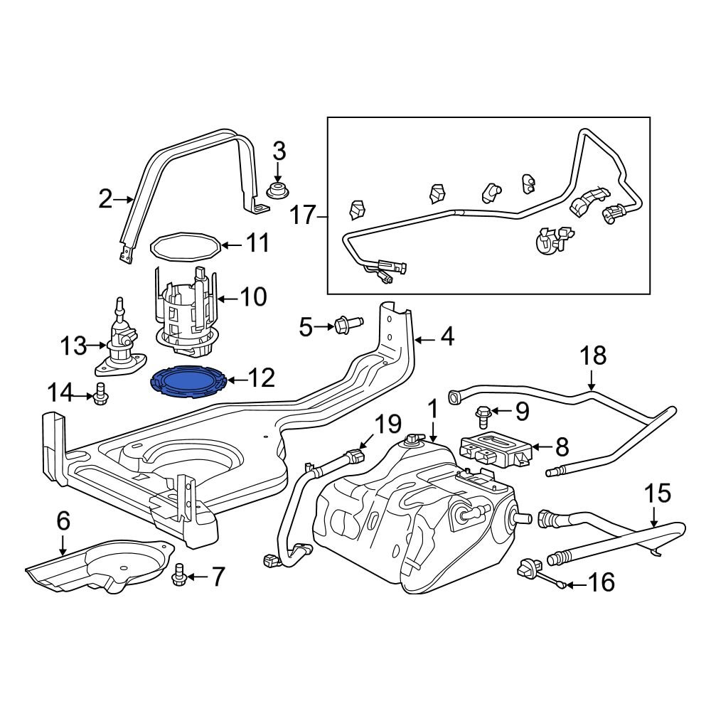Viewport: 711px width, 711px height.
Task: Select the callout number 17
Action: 303,215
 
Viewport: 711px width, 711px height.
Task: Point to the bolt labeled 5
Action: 348,325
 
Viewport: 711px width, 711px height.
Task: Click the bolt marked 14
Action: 100,393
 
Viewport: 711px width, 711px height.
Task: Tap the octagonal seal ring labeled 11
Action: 186,246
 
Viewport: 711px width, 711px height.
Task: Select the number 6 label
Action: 63,523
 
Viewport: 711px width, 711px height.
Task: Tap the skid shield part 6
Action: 100,565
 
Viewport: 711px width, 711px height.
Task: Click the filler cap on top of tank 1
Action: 412,440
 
